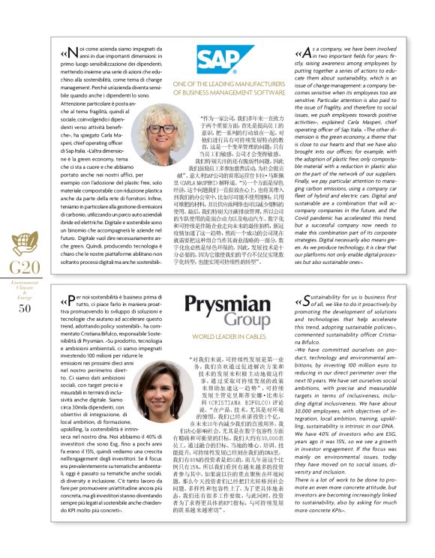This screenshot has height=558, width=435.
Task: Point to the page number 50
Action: point(25,307)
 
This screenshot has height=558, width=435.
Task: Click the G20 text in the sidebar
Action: point(25,268)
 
